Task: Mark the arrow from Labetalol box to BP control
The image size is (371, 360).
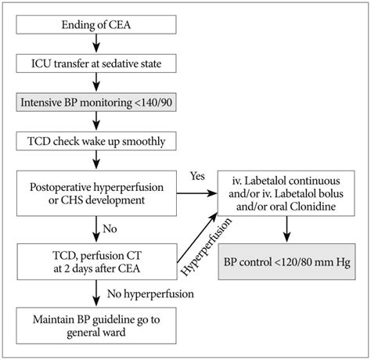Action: [x=285, y=227]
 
